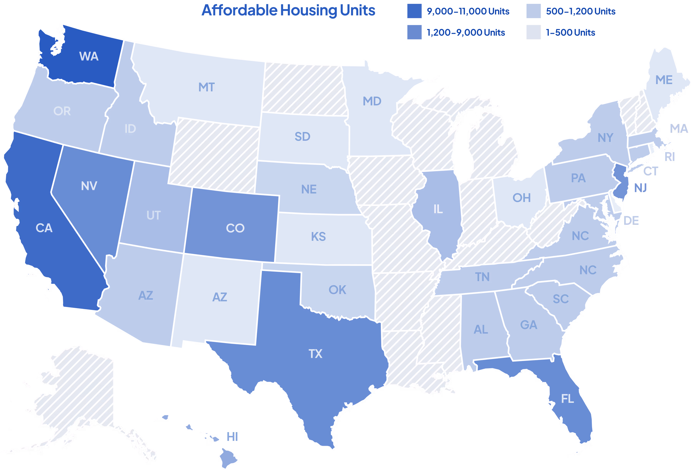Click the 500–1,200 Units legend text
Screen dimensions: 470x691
[580, 11]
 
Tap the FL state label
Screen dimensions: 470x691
[567, 399]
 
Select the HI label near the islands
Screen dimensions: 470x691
[232, 437]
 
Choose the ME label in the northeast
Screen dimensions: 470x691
[664, 80]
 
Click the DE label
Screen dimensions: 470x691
[631, 221]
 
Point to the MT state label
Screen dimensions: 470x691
[206, 87]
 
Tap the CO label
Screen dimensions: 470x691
[235, 228]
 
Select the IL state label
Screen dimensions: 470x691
[438, 209]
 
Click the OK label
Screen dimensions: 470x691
[337, 290]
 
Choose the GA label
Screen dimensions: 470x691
[529, 325]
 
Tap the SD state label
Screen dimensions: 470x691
[302, 137]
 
